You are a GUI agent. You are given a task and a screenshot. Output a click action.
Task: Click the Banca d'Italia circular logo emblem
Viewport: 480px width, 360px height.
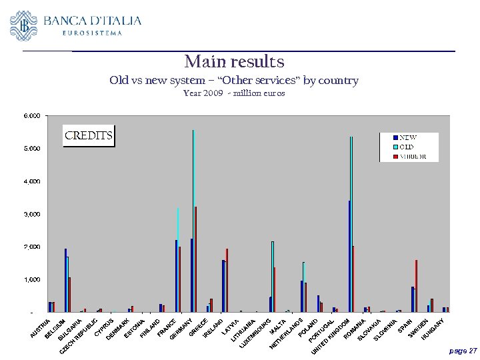coord(24,25)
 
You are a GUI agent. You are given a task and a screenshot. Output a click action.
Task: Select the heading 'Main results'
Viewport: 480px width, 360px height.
coord(234,62)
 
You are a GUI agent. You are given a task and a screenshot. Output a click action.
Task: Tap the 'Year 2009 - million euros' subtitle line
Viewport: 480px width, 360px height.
coord(234,93)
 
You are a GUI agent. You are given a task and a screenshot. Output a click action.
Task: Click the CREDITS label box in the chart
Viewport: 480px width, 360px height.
coord(88,136)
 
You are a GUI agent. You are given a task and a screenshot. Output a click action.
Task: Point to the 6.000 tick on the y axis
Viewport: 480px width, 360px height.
coord(32,115)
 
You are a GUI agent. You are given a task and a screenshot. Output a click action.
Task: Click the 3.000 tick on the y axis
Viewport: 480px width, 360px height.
coord(32,214)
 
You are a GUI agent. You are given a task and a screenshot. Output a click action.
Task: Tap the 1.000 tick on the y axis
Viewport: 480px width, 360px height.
coord(32,279)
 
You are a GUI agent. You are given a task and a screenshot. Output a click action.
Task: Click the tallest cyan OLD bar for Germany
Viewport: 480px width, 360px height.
coord(193,220)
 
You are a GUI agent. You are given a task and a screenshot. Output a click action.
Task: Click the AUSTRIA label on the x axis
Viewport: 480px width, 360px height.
coord(41,326)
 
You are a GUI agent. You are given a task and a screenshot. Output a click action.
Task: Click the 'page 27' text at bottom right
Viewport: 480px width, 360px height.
coord(463,350)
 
